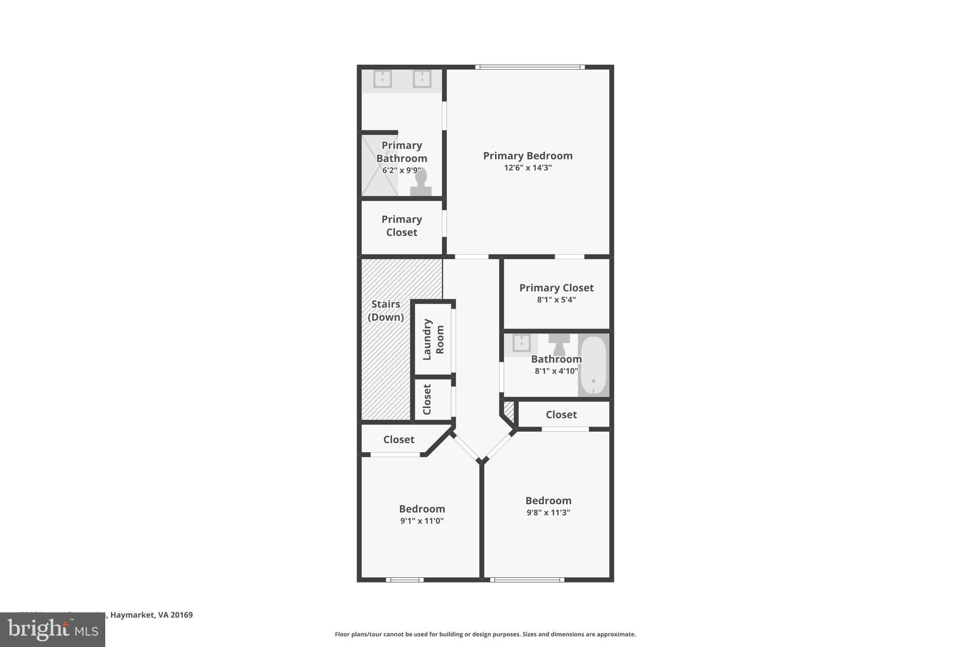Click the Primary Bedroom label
pos(528,155)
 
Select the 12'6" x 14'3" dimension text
pos(528,168)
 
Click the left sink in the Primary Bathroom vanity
pos(382,79)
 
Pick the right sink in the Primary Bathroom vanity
pos(421,79)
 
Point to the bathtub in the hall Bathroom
pos(593,365)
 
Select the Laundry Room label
pos(433,339)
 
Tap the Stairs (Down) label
pos(386,310)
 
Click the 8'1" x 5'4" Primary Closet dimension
pos(556,300)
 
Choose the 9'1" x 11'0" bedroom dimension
pos(422,521)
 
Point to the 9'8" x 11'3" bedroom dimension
pos(548,512)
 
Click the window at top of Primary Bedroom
pos(530,67)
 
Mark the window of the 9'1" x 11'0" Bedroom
pos(404,579)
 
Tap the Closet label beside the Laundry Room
pos(427,399)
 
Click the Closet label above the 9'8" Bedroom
pos(561,415)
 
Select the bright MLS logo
pos(53,629)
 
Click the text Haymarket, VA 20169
pos(151,615)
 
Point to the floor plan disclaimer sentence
pos(485,634)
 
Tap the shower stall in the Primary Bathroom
pos(379,165)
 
